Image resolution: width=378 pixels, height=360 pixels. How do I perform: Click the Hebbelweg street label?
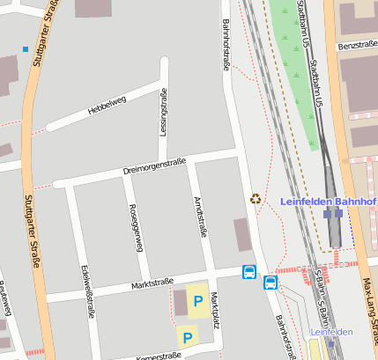coord(107,105)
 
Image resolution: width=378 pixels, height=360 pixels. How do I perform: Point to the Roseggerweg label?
coord(136,228)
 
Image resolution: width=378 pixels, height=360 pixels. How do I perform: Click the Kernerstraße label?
coord(159,356)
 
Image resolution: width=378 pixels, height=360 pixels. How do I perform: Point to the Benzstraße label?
coord(357,45)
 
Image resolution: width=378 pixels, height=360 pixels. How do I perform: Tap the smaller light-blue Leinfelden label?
coord(330,332)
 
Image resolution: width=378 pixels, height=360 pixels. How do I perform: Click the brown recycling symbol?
coord(256,199)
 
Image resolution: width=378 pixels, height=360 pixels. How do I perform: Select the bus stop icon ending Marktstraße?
coord(249,273)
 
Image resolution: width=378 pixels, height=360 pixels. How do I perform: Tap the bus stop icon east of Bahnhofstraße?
coord(271,283)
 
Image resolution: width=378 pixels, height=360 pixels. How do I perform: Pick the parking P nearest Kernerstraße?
coord(186,335)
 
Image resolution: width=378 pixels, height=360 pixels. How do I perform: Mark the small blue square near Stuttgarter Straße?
coord(26,48)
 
